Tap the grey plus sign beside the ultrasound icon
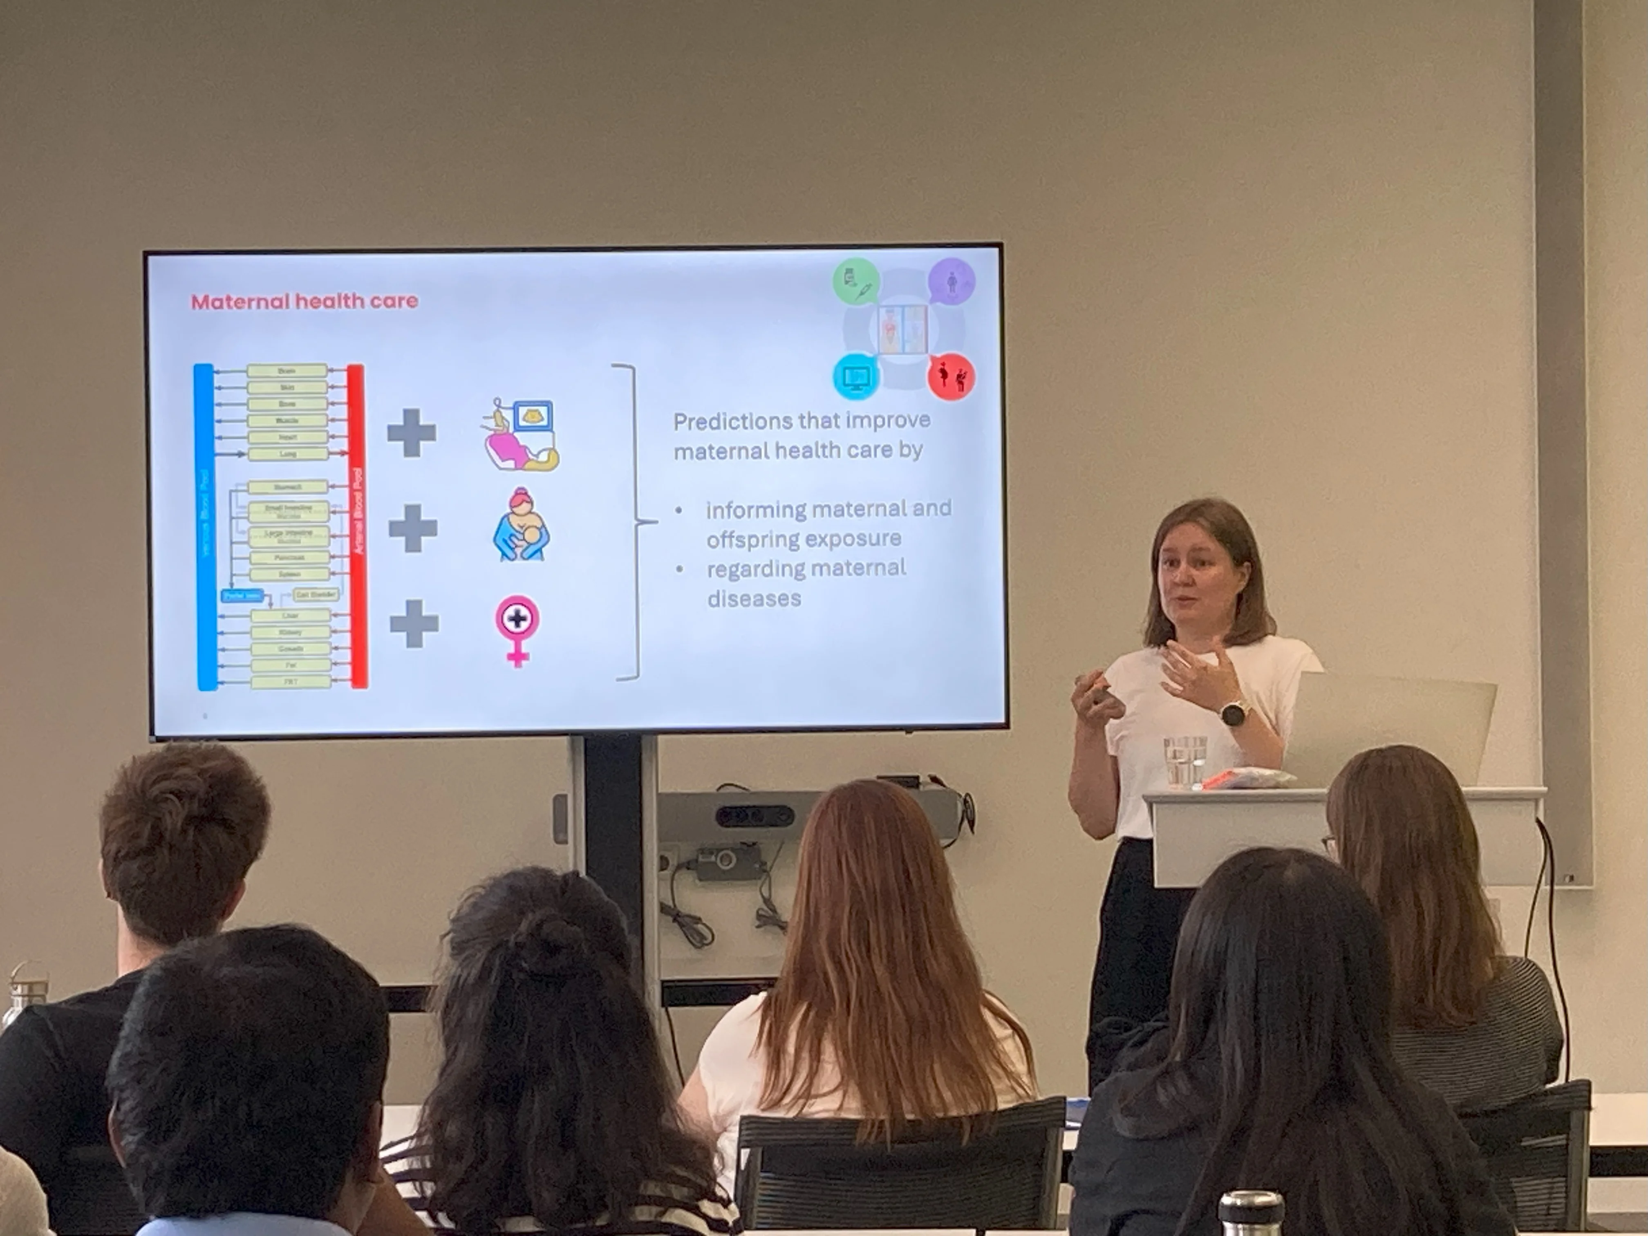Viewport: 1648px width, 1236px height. click(411, 433)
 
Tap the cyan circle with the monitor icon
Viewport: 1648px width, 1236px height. click(855, 376)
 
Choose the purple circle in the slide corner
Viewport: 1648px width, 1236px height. click(952, 281)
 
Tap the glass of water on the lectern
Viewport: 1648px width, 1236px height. click(1184, 761)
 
